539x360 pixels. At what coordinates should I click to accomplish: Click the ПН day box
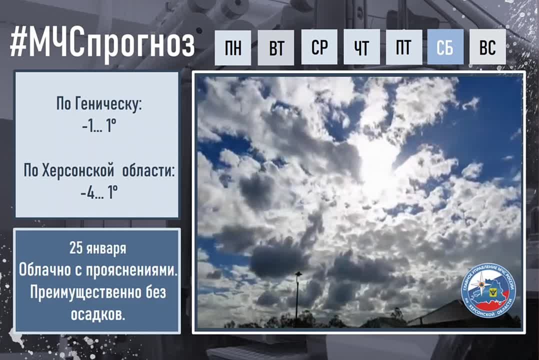(x=232, y=48)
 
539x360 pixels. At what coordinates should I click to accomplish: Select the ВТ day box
(x=276, y=48)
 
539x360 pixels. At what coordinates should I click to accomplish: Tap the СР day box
(x=319, y=47)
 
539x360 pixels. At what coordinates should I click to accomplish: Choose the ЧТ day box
(x=361, y=47)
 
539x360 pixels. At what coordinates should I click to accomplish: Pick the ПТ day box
(x=403, y=47)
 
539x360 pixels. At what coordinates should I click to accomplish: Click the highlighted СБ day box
(x=445, y=47)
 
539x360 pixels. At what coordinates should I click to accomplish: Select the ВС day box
(x=487, y=47)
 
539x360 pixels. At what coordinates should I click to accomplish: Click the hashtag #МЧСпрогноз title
(x=102, y=45)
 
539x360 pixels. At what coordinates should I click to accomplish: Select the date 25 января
(x=97, y=248)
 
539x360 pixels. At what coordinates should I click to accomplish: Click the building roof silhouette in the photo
(x=450, y=314)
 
